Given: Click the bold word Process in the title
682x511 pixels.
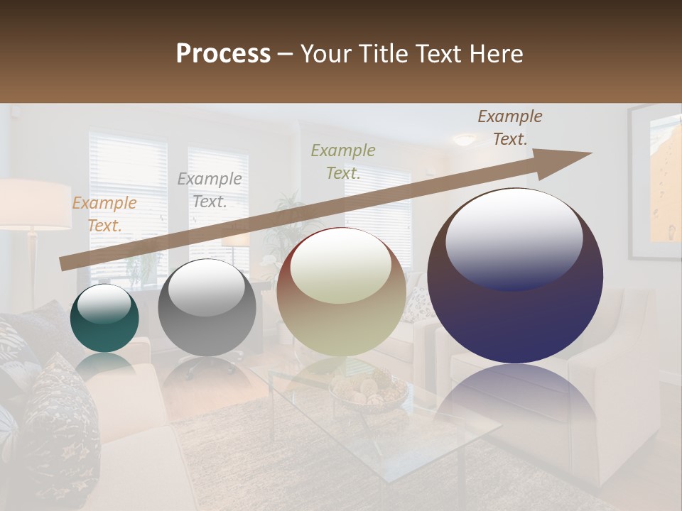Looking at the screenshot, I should coord(223,54).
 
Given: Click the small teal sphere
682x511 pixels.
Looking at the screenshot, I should coord(104,319).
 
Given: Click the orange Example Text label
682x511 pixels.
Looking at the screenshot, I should coord(104,214).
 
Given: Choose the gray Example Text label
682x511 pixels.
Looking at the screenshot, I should coord(210,190).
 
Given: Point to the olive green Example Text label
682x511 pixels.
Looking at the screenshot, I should coord(343,161).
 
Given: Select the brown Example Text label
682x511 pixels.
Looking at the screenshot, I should coord(510,128).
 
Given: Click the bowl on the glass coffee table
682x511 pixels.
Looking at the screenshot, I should coord(368,391).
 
